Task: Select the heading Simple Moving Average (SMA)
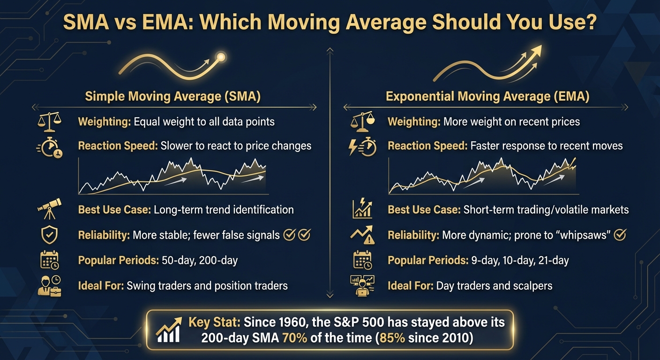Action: [173, 97]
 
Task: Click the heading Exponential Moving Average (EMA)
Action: [487, 97]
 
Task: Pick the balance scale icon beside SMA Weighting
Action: [49, 121]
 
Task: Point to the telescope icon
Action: [49, 209]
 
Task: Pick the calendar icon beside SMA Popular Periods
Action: [49, 260]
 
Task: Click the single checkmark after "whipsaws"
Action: [620, 235]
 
